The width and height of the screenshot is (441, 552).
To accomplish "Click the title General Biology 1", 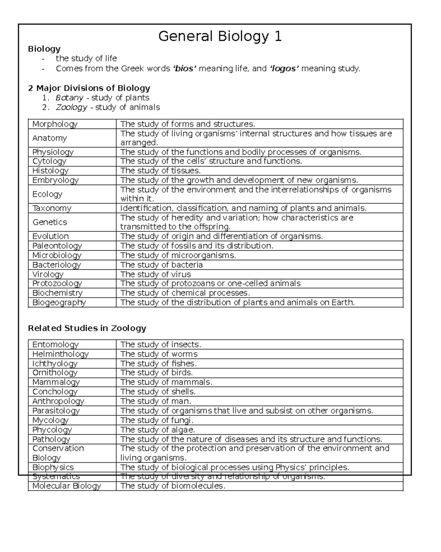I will (x=220, y=36).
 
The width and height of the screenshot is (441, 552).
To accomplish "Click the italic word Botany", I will (x=69, y=98).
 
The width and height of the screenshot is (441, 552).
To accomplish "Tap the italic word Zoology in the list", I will (x=71, y=107).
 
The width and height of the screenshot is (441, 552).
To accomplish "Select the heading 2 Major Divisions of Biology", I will (x=89, y=88).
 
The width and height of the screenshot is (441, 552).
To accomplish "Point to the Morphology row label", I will (x=55, y=124).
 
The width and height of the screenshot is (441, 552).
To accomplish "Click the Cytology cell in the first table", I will (x=49, y=161).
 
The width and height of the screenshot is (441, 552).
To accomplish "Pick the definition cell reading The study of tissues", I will (x=160, y=171).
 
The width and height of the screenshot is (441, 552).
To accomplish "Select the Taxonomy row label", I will (x=52, y=208).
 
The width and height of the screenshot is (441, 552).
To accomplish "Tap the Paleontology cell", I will (x=57, y=246).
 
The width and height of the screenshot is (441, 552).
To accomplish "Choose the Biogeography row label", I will (x=59, y=302).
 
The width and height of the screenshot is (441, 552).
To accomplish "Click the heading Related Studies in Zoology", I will (x=87, y=328).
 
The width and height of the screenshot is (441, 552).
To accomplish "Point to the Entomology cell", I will (x=55, y=344).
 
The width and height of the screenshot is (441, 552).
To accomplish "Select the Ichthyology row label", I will (x=55, y=364).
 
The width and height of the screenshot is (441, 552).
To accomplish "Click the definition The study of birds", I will (x=157, y=373).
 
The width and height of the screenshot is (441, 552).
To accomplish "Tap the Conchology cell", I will (x=55, y=392).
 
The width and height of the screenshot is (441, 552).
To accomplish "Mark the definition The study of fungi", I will (x=157, y=420).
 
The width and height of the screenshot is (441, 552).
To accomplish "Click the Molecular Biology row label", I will (x=67, y=486).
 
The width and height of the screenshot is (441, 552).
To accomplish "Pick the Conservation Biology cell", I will (x=58, y=453).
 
